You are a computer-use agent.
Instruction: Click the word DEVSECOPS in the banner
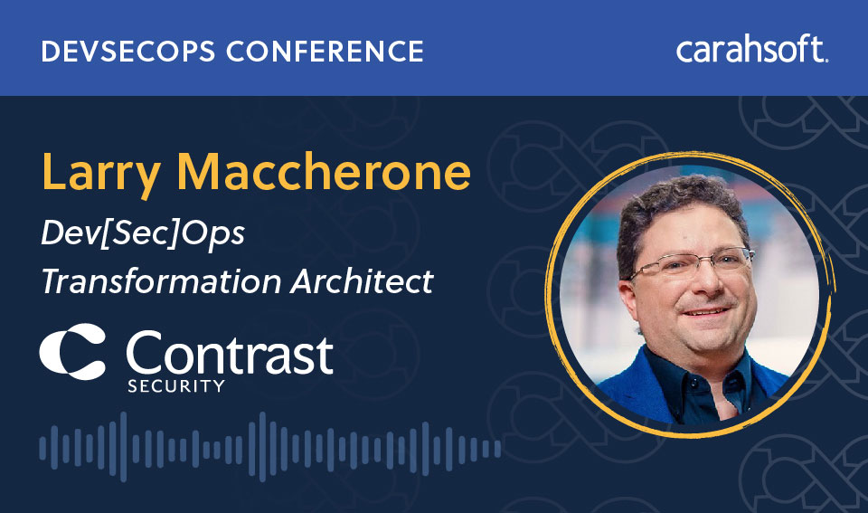tap(127, 51)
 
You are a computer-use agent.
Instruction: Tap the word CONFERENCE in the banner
tap(325, 51)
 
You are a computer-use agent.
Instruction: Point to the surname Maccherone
tap(324, 171)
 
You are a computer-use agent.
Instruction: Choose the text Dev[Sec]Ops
tap(143, 233)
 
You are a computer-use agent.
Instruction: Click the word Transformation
tap(161, 281)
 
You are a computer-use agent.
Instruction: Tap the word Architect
tap(362, 281)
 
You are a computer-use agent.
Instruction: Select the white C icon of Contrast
tap(72, 351)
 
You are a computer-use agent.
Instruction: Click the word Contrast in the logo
tap(229, 352)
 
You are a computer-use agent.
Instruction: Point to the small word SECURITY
tap(176, 386)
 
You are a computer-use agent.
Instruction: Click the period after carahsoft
tap(826, 60)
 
